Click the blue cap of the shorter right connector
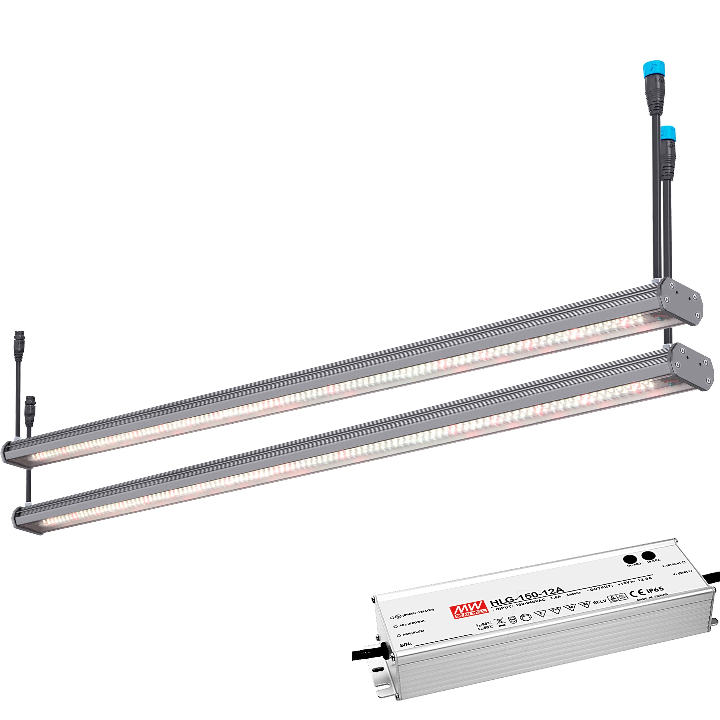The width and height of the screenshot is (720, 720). point(668,132)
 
